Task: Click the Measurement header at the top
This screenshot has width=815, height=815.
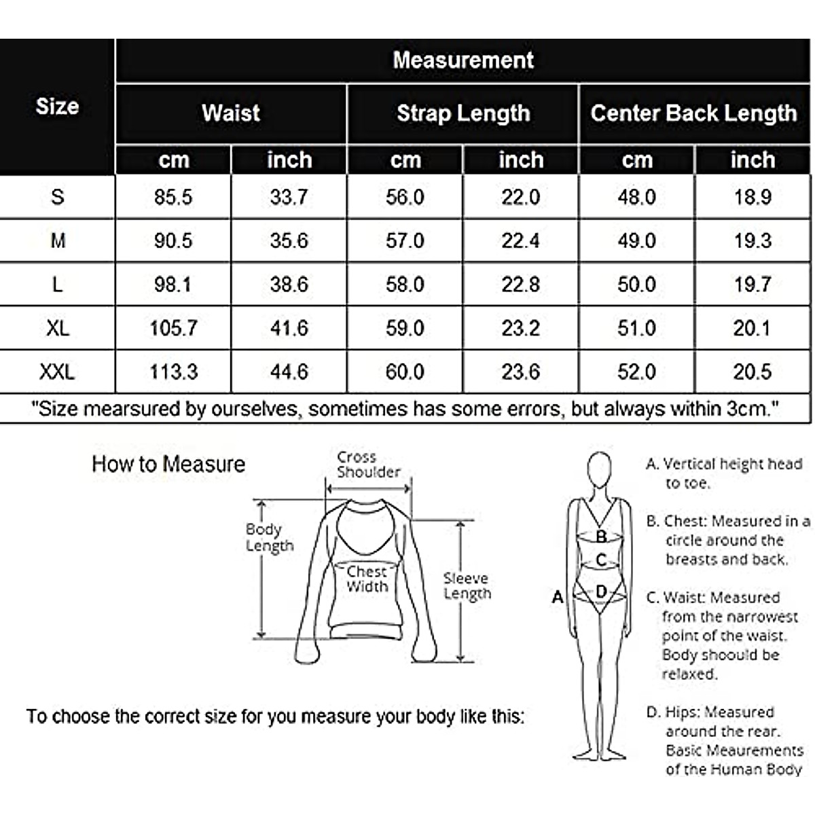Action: [x=463, y=60]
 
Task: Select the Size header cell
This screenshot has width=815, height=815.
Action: [x=57, y=107]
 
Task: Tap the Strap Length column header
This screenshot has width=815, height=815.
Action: [x=463, y=113]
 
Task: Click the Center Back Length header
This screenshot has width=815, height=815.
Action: [x=693, y=113]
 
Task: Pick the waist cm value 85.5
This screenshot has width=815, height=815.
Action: [x=173, y=198]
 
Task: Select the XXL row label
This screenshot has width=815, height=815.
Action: [x=57, y=372]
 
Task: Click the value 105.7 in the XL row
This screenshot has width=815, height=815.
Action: [x=173, y=329]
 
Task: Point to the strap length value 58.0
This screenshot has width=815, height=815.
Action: [x=405, y=285]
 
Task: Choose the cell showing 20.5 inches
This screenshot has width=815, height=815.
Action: [x=752, y=372]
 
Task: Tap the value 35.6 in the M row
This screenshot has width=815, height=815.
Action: [x=289, y=241]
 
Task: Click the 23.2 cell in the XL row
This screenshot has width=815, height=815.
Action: [x=520, y=329]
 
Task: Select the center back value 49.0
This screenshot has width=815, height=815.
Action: [x=636, y=241]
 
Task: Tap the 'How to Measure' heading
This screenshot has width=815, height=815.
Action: [x=168, y=465]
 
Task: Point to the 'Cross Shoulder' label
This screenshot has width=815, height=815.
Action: [x=367, y=465]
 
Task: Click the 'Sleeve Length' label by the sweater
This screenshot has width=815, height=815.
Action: [x=467, y=585]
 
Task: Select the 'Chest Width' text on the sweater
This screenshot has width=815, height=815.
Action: [x=367, y=579]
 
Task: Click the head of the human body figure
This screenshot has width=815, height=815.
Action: [x=598, y=470]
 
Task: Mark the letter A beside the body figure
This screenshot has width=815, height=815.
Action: [x=558, y=597]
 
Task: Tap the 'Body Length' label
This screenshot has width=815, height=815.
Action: [x=269, y=537]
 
